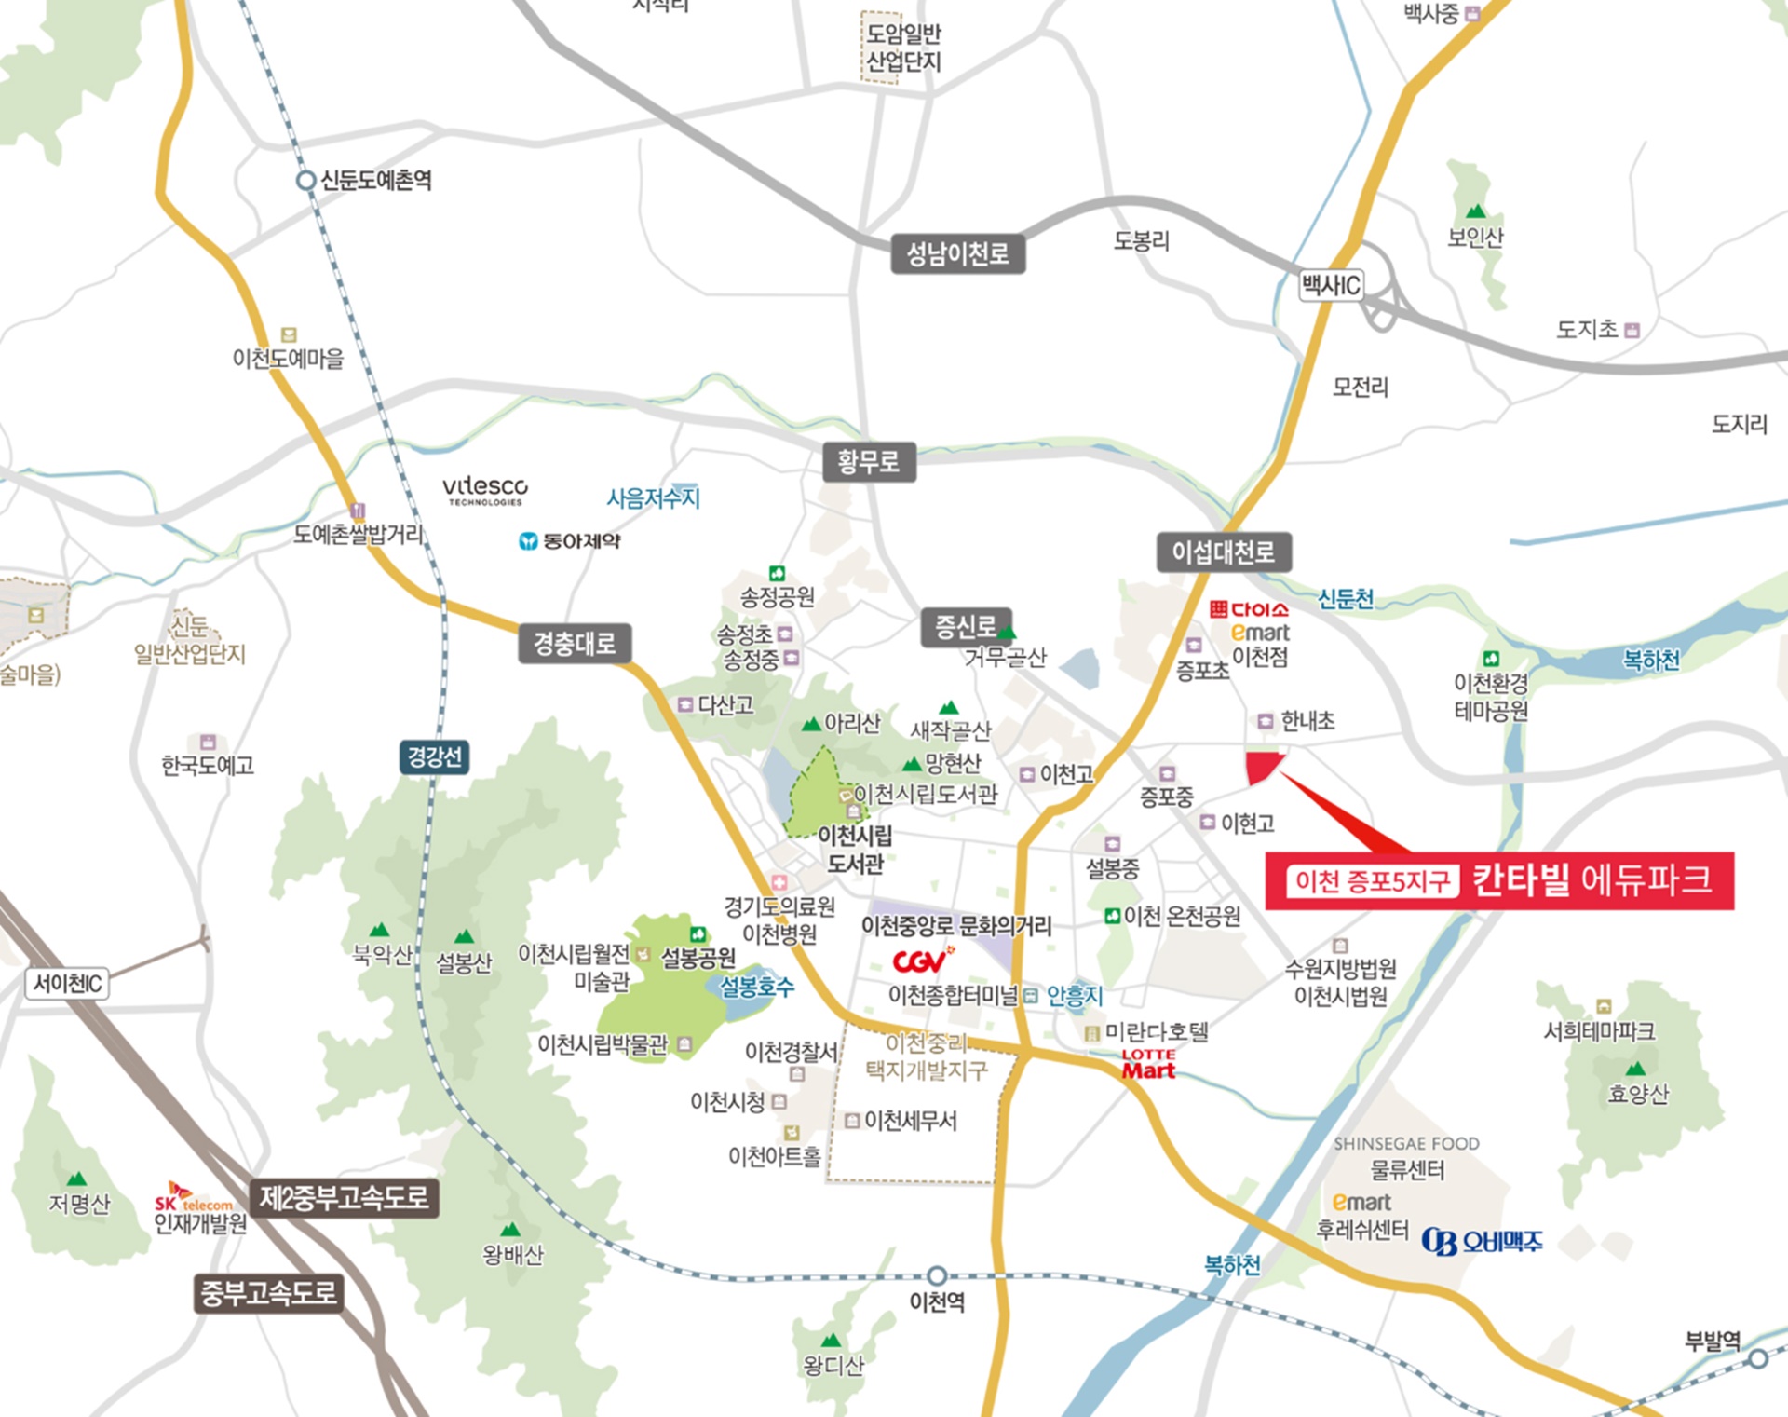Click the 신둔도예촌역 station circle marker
click(x=305, y=181)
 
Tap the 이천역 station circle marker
click(x=937, y=1275)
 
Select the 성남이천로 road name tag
click(x=957, y=253)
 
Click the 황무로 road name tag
click(x=869, y=462)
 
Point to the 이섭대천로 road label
click(x=1223, y=552)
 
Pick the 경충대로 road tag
click(x=575, y=644)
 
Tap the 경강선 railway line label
click(x=434, y=756)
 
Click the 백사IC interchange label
click(x=1331, y=285)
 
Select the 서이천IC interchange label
click(x=67, y=984)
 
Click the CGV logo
click(x=922, y=960)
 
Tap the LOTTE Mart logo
click(x=1148, y=1065)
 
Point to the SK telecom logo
click(x=193, y=1198)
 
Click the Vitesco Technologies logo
click(x=484, y=489)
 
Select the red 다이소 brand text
click(x=1249, y=610)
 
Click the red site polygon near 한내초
click(x=1262, y=766)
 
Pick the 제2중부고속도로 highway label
click(x=344, y=1198)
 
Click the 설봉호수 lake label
click(x=756, y=987)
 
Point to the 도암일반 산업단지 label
click(x=901, y=48)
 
